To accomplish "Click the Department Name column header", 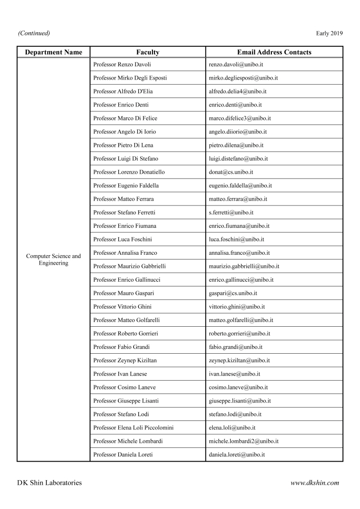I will coord(54,52).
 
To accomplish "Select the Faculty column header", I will coord(147,52).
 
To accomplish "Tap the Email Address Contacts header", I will coord(274,52).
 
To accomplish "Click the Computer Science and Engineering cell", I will coord(54,259).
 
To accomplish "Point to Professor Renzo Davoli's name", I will coord(122,64).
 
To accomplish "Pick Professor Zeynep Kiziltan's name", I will coord(125,360).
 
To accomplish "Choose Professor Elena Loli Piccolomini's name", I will coord(134,428).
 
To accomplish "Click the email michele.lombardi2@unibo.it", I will coord(243,441).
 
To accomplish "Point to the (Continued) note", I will coord(34,33).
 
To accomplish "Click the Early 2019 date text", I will coord(329,33).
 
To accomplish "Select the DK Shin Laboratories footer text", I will coord(49,483).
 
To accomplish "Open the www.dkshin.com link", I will coord(315,483).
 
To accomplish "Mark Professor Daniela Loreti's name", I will coord(123,455).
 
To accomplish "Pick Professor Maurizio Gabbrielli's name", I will coord(130,267).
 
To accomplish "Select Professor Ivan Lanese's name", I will coord(120,374).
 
